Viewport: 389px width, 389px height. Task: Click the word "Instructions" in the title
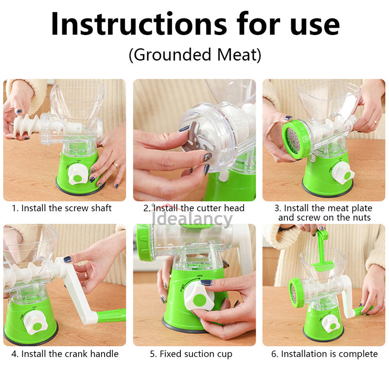click(x=139, y=24)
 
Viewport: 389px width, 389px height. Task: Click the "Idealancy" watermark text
click(x=192, y=219)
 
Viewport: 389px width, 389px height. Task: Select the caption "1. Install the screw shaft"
click(x=62, y=208)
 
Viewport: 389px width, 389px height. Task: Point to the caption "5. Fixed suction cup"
click(x=191, y=354)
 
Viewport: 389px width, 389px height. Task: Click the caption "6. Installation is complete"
click(x=324, y=354)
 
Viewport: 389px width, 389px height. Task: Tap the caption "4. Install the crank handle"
click(x=65, y=354)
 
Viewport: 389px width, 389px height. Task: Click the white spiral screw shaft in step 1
click(x=27, y=126)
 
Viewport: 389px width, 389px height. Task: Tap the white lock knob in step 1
click(x=78, y=175)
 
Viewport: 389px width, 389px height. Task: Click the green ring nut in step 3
click(x=297, y=139)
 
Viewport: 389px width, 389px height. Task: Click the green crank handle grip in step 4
click(x=111, y=316)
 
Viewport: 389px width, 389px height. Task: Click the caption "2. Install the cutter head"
click(x=194, y=208)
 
